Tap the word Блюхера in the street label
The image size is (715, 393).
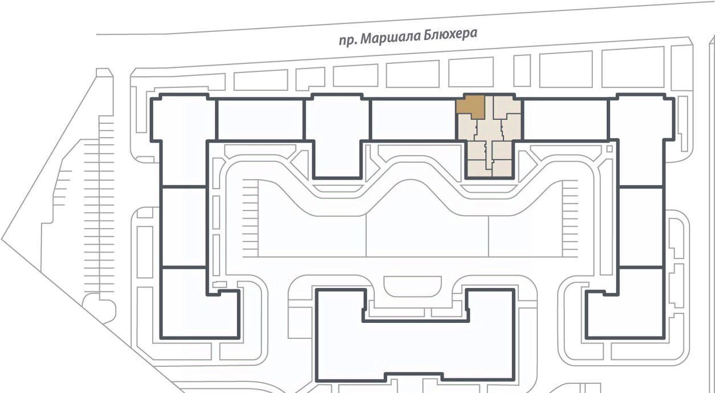pos(450,34)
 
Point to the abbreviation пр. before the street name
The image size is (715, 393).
pos(348,41)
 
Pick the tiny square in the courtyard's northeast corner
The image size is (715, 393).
pos(610,149)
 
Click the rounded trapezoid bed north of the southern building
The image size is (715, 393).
pos(413,286)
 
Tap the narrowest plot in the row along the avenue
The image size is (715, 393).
pos(522,71)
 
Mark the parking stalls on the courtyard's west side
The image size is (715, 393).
pos(250,218)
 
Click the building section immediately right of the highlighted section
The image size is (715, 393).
pos(565,120)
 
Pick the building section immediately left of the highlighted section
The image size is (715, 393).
pos(413,120)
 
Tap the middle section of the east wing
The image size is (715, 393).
pos(641,226)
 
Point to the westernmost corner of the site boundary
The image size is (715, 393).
pos(2,239)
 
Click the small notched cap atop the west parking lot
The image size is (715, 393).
pos(104,73)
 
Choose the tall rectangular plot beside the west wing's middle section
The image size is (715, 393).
pos(145,252)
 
